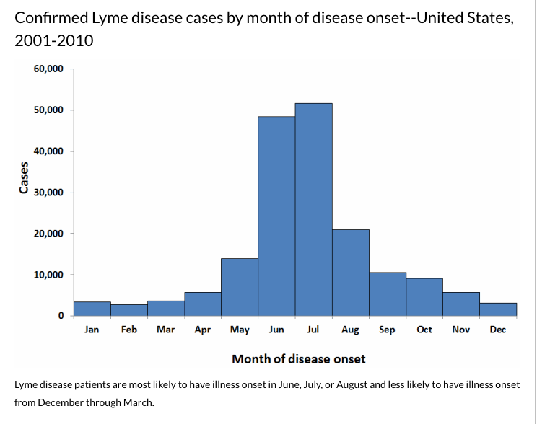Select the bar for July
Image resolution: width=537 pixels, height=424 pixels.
[313, 209]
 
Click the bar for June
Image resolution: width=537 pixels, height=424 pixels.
[276, 216]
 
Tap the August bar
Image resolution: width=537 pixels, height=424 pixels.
[351, 273]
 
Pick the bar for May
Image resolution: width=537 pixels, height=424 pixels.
[240, 287]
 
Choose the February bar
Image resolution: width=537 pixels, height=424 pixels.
[129, 310]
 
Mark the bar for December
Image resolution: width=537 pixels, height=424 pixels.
[498, 309]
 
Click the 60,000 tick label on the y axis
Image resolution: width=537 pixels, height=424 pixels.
[48, 69]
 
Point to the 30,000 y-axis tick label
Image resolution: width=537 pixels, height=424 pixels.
[48, 193]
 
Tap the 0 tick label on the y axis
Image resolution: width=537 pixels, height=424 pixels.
[61, 316]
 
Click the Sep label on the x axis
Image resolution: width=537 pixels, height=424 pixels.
[387, 330]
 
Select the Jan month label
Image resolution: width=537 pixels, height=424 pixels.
[92, 330]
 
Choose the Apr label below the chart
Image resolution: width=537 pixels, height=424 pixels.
[203, 330]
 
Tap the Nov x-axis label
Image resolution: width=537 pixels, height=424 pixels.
[460, 330]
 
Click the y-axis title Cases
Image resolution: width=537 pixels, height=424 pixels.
[24, 178]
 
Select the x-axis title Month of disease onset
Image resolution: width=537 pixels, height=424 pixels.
[298, 358]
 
